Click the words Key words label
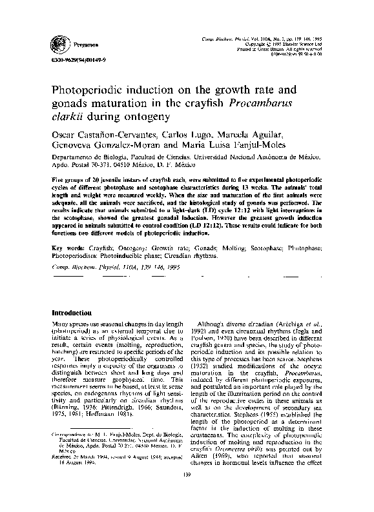66,248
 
